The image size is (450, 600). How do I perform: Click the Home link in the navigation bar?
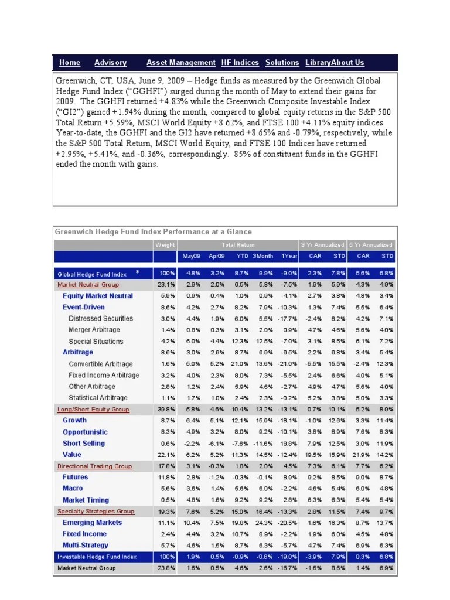click(x=70, y=63)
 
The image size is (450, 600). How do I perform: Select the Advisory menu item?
click(x=110, y=63)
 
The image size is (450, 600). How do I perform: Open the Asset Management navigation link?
click(x=180, y=63)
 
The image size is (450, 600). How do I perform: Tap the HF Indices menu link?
click(x=240, y=63)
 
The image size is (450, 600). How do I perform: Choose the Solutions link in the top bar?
click(x=282, y=63)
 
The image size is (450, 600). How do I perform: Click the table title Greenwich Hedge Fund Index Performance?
click(x=153, y=231)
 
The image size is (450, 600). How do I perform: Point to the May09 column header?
click(x=192, y=256)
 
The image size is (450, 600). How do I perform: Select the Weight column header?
click(x=165, y=244)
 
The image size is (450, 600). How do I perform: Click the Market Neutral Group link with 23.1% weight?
click(x=88, y=285)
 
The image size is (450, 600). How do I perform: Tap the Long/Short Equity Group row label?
click(x=93, y=410)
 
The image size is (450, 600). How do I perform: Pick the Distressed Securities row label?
click(x=101, y=319)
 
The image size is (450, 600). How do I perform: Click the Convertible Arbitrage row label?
click(x=101, y=364)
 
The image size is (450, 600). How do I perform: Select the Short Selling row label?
click(x=83, y=444)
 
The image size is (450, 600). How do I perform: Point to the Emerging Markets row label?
click(x=92, y=523)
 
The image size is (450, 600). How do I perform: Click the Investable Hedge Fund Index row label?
click(x=97, y=557)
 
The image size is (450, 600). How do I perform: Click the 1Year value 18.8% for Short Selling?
click(x=289, y=444)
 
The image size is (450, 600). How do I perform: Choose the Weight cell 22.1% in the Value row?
click(x=166, y=455)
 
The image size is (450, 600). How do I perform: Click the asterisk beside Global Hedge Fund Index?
click(x=137, y=272)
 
